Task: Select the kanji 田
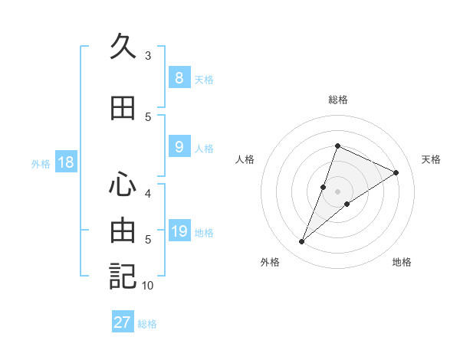pyautogui.click(x=123, y=109)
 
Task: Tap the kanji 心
pyautogui.click(x=123, y=185)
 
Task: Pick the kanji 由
pyautogui.click(x=123, y=231)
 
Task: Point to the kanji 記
pyautogui.click(x=123, y=276)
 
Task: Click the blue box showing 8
pyautogui.click(x=179, y=78)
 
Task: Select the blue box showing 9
pyautogui.click(x=179, y=147)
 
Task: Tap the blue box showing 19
pyautogui.click(x=179, y=231)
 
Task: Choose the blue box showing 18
pyautogui.click(x=65, y=162)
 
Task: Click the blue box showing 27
pyautogui.click(x=123, y=322)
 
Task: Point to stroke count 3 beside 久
pyautogui.click(x=148, y=56)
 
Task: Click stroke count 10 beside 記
pyautogui.click(x=148, y=286)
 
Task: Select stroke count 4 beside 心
pyautogui.click(x=148, y=193)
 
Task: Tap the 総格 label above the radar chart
pyautogui.click(x=337, y=100)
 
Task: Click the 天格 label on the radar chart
pyautogui.click(x=431, y=159)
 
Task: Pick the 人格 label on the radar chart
pyautogui.click(x=245, y=159)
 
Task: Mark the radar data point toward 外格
pyautogui.click(x=302, y=242)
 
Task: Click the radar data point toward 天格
pyautogui.click(x=396, y=173)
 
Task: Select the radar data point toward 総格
pyautogui.click(x=337, y=146)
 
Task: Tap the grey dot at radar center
pyautogui.click(x=337, y=191)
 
